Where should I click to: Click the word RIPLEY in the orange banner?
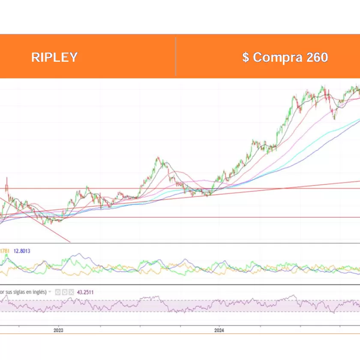coord(54,57)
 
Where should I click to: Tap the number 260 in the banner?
coord(317,57)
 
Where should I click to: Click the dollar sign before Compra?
coord(246,57)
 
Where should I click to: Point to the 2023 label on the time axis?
coord(58,330)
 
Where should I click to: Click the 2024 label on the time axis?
coord(219,330)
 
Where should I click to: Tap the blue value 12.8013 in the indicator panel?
coord(22,251)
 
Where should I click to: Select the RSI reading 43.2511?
coord(85,292)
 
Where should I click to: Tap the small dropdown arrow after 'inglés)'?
coord(50,292)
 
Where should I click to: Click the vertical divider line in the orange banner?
coord(176,57)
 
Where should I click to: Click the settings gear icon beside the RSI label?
coord(65,292)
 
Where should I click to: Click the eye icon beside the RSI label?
coord(58,292)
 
